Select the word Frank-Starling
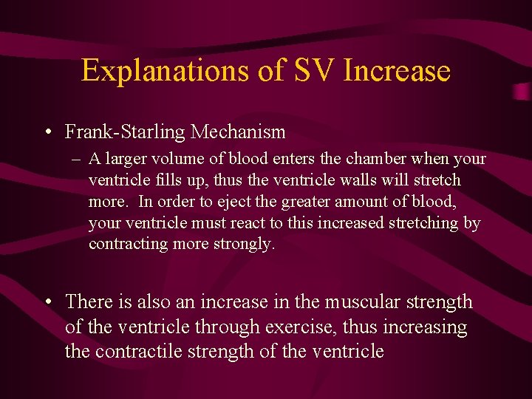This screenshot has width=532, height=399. point(125,132)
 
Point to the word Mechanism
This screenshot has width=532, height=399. point(238,132)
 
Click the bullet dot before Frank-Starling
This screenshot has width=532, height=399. point(47,132)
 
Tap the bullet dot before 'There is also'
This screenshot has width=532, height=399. point(47,302)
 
